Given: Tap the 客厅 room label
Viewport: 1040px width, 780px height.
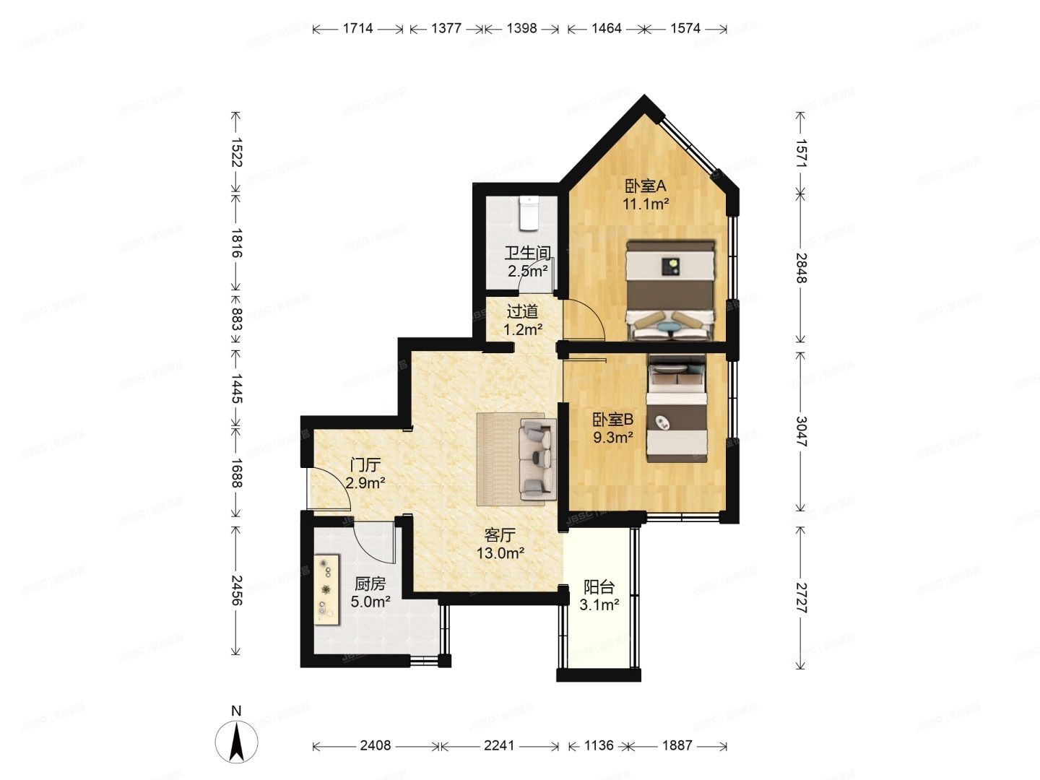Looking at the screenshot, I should pyautogui.click(x=500, y=535).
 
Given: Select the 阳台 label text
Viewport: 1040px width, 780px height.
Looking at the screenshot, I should pyautogui.click(x=599, y=587).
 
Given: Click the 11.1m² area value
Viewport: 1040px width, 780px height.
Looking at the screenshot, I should pyautogui.click(x=646, y=204).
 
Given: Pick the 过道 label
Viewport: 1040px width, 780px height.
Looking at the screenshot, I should pyautogui.click(x=522, y=312).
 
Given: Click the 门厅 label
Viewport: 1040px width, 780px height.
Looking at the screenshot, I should pyautogui.click(x=365, y=464).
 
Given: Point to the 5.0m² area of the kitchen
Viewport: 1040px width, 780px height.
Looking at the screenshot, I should pyautogui.click(x=370, y=601).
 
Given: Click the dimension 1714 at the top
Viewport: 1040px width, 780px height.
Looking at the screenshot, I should pyautogui.click(x=357, y=29).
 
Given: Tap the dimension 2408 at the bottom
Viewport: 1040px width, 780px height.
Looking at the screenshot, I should pyautogui.click(x=376, y=745).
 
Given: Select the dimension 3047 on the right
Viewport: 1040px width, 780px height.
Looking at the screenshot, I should pyautogui.click(x=800, y=431).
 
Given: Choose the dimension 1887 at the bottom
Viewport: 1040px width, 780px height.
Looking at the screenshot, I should pyautogui.click(x=677, y=745).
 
